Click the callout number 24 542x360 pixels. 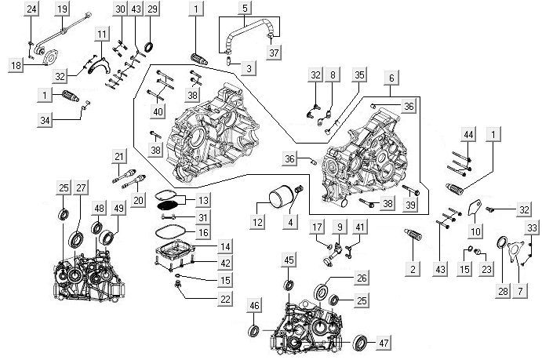tap(31, 9)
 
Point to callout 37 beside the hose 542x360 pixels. tap(273, 53)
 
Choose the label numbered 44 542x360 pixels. tap(468, 136)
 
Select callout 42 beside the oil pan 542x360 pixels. tap(202, 263)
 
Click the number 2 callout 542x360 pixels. tap(413, 268)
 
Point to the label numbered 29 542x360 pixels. tap(152, 9)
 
